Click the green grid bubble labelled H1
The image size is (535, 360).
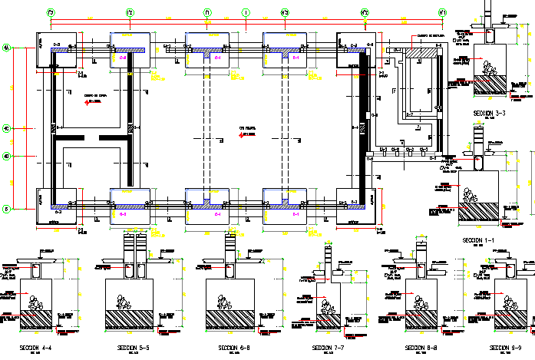(x=443, y=12)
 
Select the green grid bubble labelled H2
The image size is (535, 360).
(x=365, y=12)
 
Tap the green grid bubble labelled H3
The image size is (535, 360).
(x=285, y=12)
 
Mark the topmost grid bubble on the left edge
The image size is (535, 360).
(x=6, y=48)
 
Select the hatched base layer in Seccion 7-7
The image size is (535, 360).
(x=328, y=320)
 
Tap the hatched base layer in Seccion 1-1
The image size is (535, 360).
(x=477, y=211)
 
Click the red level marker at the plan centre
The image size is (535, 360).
(x=243, y=135)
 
